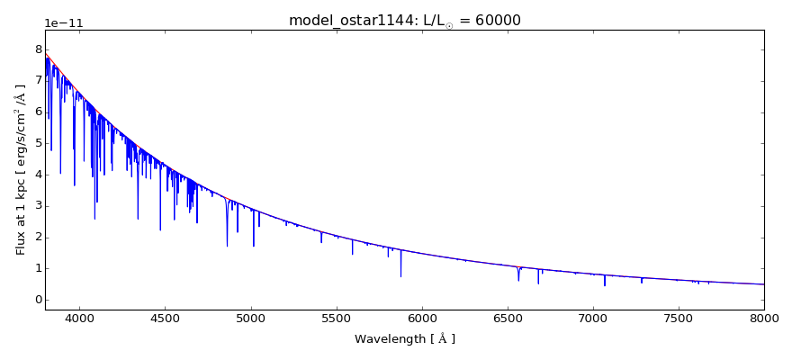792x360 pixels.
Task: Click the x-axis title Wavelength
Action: click(404, 339)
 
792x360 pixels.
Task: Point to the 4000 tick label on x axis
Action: click(79, 319)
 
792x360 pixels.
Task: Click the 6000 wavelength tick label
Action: click(421, 319)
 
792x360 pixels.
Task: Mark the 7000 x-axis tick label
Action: click(593, 319)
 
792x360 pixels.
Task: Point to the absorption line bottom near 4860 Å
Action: click(227, 245)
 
